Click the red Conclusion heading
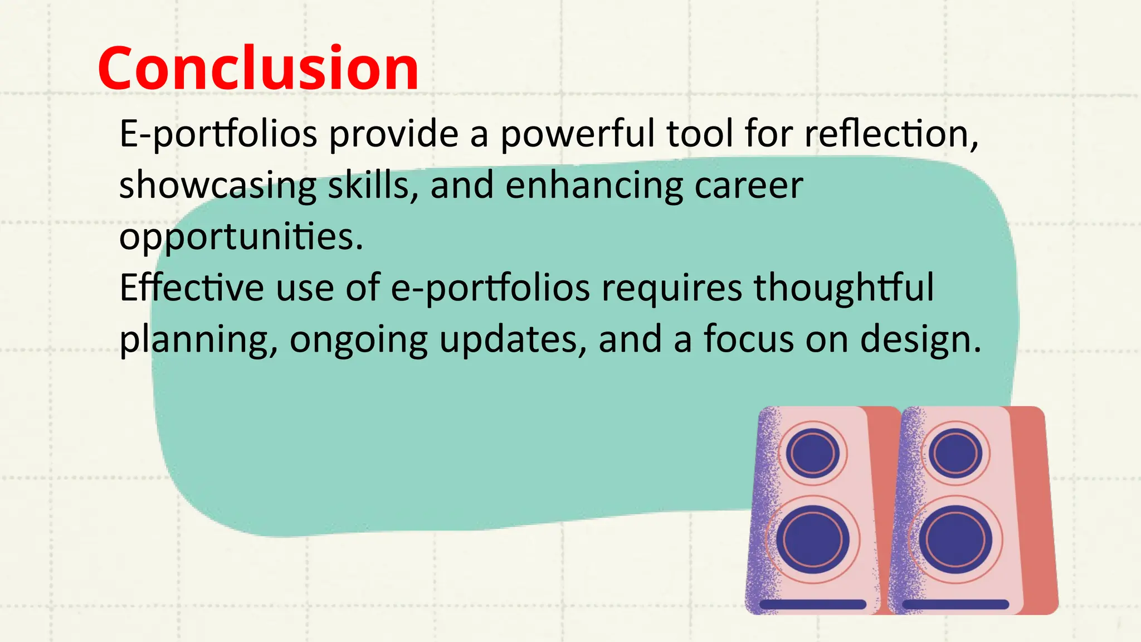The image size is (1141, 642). point(258,68)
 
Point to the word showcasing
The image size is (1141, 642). point(217,186)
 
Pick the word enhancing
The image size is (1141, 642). point(594,186)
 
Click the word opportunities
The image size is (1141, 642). point(241,237)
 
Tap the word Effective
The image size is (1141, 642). point(192,288)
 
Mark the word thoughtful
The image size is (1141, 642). point(843,288)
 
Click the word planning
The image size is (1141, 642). point(198,339)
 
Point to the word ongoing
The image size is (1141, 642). point(358,339)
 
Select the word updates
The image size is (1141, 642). point(513,339)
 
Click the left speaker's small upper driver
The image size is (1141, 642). point(813,453)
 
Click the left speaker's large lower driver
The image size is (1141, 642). point(813,539)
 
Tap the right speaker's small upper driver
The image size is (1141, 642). point(955,453)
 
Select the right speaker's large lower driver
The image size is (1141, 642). point(955,539)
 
